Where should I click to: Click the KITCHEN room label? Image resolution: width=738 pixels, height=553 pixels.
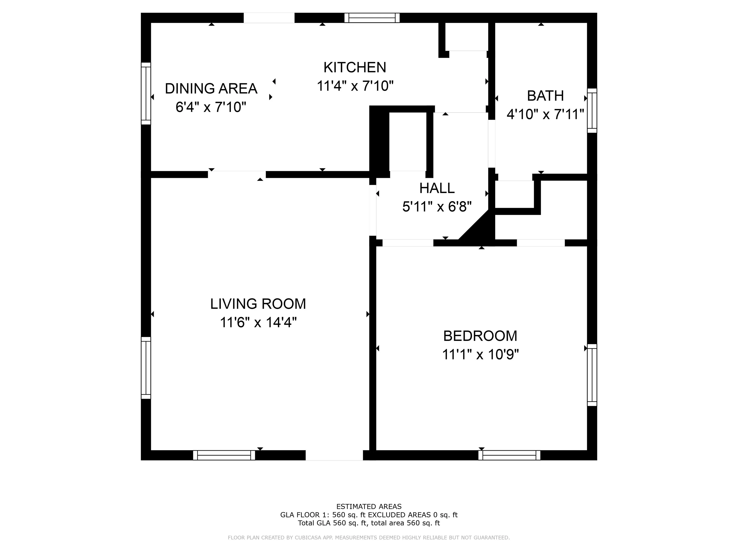coord(355,68)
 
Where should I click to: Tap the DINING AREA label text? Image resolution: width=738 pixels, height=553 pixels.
coord(211,89)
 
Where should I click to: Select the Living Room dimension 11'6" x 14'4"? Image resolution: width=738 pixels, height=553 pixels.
coord(258,323)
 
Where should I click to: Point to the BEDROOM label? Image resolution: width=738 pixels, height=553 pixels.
coord(480,336)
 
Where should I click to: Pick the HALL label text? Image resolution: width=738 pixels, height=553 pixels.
coord(437,188)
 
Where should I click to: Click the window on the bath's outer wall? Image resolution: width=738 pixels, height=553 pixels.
coord(592,111)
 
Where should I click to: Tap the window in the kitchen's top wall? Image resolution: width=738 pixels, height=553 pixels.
coord(372,18)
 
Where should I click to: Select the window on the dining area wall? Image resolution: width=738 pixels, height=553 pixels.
coord(146,93)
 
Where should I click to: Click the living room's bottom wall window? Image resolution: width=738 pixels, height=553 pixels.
coord(224,455)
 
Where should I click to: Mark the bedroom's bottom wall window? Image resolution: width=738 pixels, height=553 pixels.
coord(509,455)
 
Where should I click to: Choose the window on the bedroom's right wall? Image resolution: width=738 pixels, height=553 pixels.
coord(592,375)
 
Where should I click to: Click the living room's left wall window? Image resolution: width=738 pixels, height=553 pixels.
coord(146,368)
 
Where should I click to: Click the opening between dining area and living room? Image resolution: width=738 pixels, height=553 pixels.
coord(237,174)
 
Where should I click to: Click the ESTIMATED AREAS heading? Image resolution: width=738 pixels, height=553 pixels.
coord(369,507)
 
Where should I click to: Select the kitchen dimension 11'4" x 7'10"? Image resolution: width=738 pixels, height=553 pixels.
coord(355,86)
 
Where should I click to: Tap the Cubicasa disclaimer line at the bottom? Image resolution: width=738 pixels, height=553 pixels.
coord(369,538)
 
